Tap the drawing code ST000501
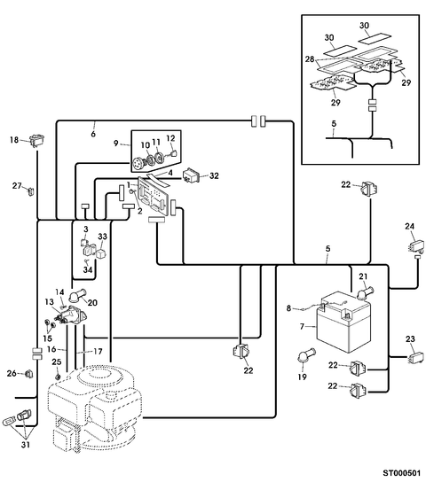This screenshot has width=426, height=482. [x=401, y=472]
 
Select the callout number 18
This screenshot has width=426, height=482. [x=14, y=140]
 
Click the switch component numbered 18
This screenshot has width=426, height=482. [x=37, y=140]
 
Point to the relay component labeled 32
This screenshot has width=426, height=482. [x=191, y=175]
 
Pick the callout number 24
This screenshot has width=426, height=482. [x=409, y=226]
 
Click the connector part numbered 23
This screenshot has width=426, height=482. [x=415, y=357]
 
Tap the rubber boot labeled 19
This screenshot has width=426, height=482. [x=305, y=355]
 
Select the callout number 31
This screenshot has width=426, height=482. [x=26, y=444]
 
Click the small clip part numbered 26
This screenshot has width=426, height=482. [x=28, y=374]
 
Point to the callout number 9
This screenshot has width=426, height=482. [x=115, y=144]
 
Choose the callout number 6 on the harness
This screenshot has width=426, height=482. [x=93, y=134]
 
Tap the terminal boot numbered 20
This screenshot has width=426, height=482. [x=77, y=295]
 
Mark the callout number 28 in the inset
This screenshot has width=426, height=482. [x=310, y=59]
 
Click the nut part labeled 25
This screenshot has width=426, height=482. [x=57, y=377]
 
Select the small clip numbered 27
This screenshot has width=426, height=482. [x=31, y=191]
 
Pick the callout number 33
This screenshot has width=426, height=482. [x=102, y=237]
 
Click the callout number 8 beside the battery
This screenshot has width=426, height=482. [x=288, y=308]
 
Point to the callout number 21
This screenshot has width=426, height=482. [x=363, y=276]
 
